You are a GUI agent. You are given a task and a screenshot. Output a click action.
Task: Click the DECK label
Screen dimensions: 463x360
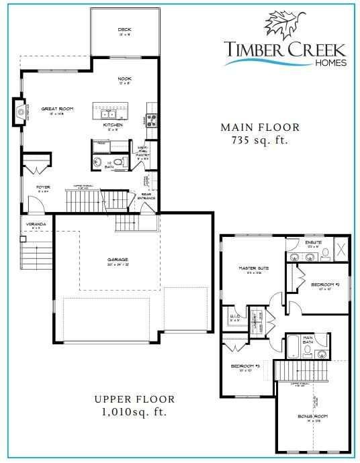pos(124,30)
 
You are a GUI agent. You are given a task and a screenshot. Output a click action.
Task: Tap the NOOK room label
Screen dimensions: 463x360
pos(124,79)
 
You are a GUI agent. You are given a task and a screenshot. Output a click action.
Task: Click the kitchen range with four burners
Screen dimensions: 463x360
pos(151,121)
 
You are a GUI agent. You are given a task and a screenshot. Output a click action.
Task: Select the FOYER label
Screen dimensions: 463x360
pos(44,187)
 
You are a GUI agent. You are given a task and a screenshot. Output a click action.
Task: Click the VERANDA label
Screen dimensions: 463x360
pos(36,223)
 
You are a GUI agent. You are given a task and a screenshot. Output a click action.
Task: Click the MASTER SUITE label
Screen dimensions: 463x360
pos(254,268)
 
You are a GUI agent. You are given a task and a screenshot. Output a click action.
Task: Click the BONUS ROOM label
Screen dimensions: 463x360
pos(312,417)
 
